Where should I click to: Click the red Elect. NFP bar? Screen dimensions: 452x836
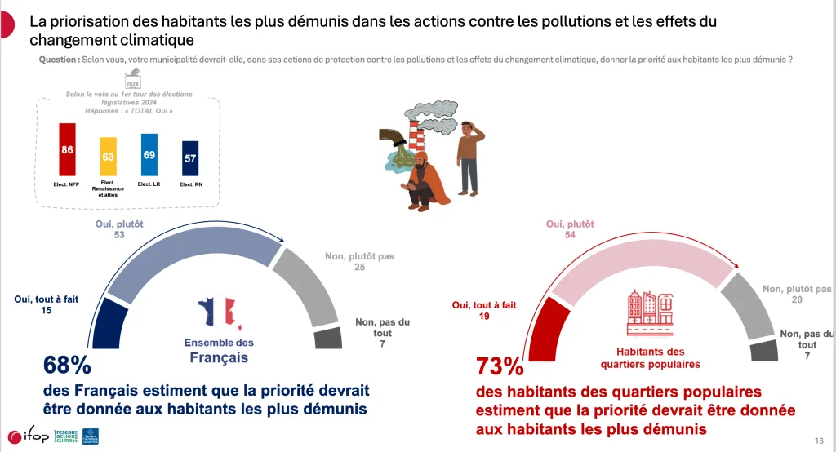click(x=67, y=151)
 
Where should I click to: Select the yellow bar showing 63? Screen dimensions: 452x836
click(x=109, y=157)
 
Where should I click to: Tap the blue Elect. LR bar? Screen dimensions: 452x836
click(x=149, y=155)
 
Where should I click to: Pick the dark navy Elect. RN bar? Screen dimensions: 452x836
click(x=189, y=158)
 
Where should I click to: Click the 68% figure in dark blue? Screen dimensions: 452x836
click(x=61, y=365)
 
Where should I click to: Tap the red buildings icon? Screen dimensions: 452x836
click(x=650, y=312)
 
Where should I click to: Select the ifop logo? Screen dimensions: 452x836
click(x=25, y=436)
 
